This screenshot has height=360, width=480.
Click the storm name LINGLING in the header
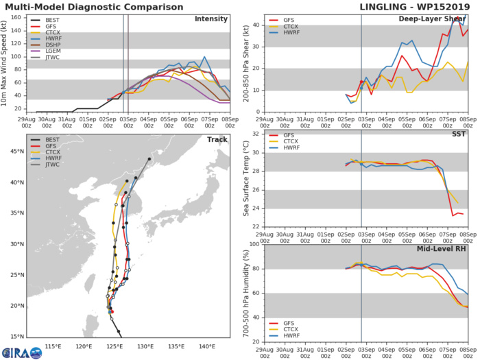pos(386,6)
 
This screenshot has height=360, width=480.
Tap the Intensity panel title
pos(211,19)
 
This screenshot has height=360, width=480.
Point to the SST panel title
pos(459,134)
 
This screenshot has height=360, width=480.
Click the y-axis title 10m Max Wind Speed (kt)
pos(5,63)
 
